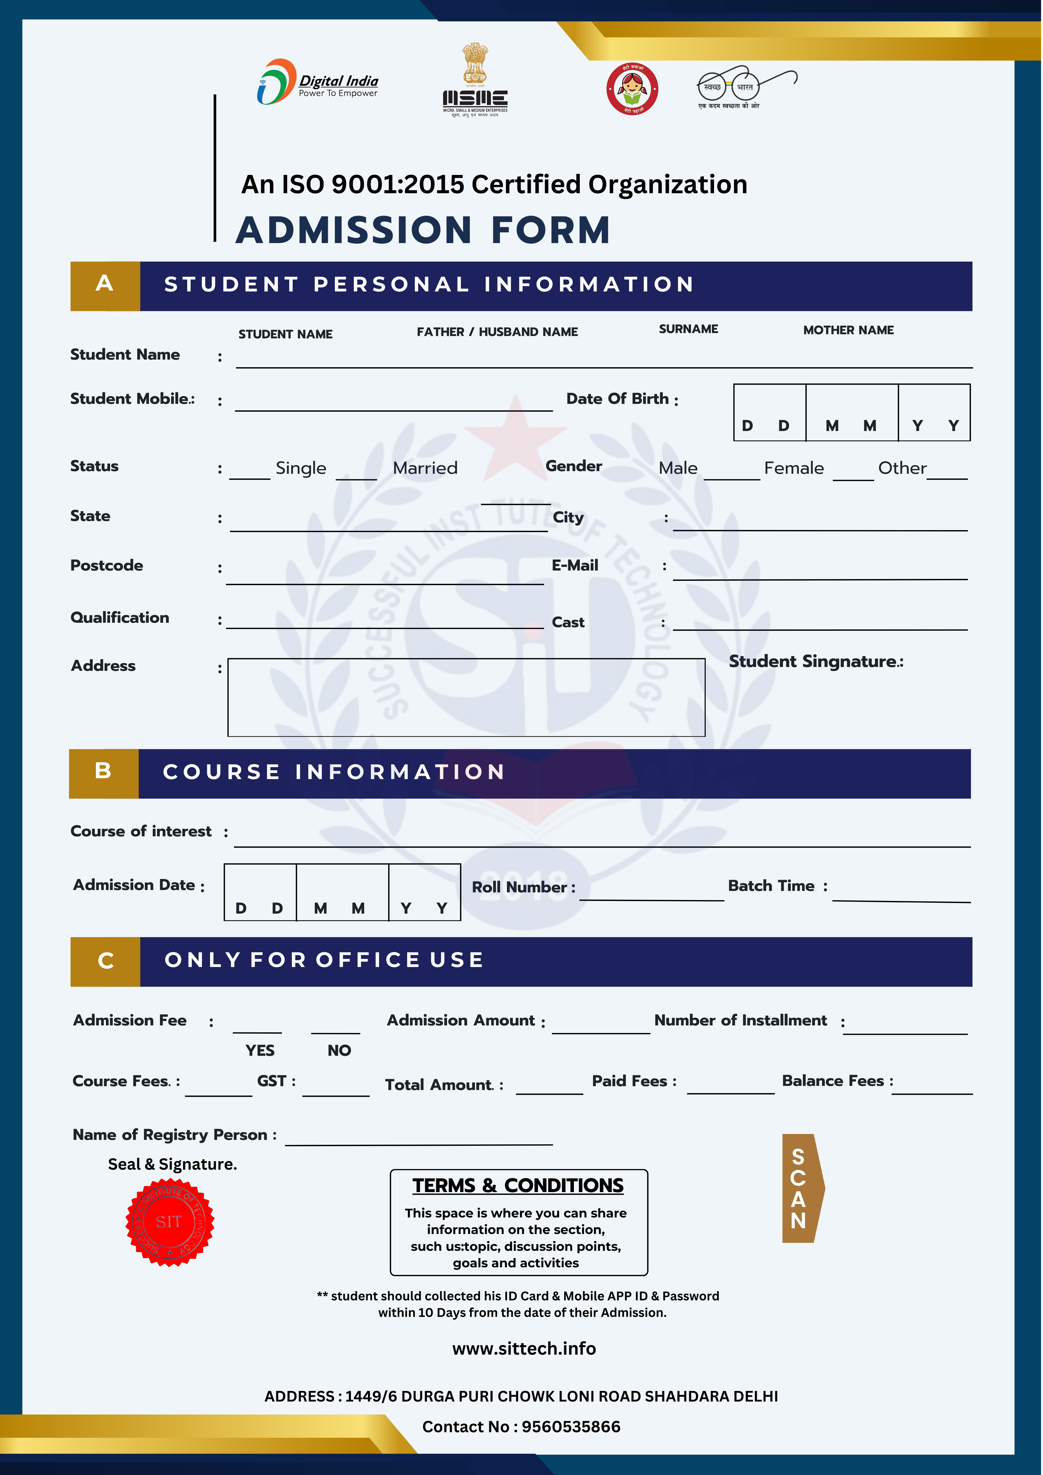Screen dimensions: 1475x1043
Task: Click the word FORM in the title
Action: click(x=550, y=231)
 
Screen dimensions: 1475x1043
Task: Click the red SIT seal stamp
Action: click(x=170, y=1222)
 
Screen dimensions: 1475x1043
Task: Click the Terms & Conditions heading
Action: click(x=518, y=1185)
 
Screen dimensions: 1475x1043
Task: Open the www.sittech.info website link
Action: click(x=524, y=1348)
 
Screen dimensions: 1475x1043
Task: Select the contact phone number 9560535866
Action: click(x=571, y=1427)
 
